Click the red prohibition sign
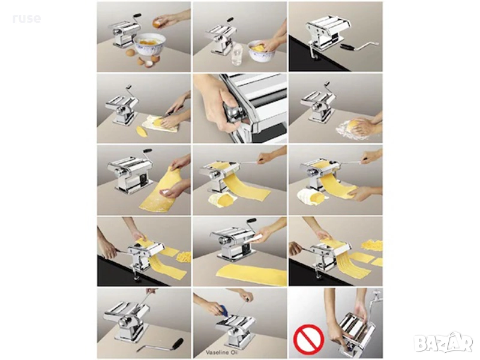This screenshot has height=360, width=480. [308, 339]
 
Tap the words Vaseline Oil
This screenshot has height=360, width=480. [222, 352]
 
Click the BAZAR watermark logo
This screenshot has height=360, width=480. [443, 341]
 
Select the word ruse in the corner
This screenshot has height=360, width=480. [27, 19]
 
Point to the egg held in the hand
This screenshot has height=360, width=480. [158, 23]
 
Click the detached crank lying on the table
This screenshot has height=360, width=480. [160, 345]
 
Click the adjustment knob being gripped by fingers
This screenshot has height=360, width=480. [233, 113]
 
